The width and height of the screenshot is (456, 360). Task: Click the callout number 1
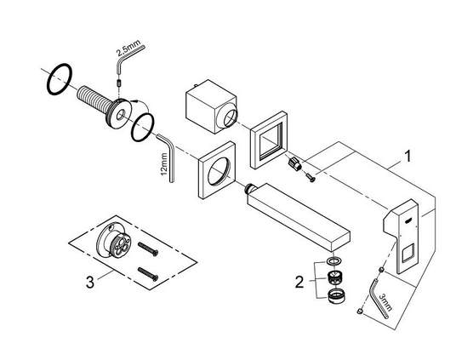[x=408, y=157]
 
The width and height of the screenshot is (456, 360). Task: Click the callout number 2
[x=299, y=282]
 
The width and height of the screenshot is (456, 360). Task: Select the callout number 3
[x=90, y=282]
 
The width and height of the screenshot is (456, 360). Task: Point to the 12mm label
[x=164, y=165]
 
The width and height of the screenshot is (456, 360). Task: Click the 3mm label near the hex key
[x=386, y=302]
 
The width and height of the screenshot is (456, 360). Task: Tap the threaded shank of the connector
[x=93, y=100]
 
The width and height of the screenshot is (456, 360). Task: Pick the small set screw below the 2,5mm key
[x=118, y=83]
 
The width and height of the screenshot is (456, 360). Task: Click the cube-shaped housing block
[x=212, y=106]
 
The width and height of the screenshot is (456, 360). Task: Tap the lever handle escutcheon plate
[x=401, y=236]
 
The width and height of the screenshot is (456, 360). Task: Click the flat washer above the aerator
[x=333, y=260]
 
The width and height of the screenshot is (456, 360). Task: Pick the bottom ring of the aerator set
[x=336, y=296]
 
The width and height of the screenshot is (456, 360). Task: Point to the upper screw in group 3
[x=148, y=249]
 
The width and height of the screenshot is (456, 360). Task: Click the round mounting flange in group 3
[x=114, y=240]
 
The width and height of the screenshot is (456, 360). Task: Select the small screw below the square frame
[x=310, y=177]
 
